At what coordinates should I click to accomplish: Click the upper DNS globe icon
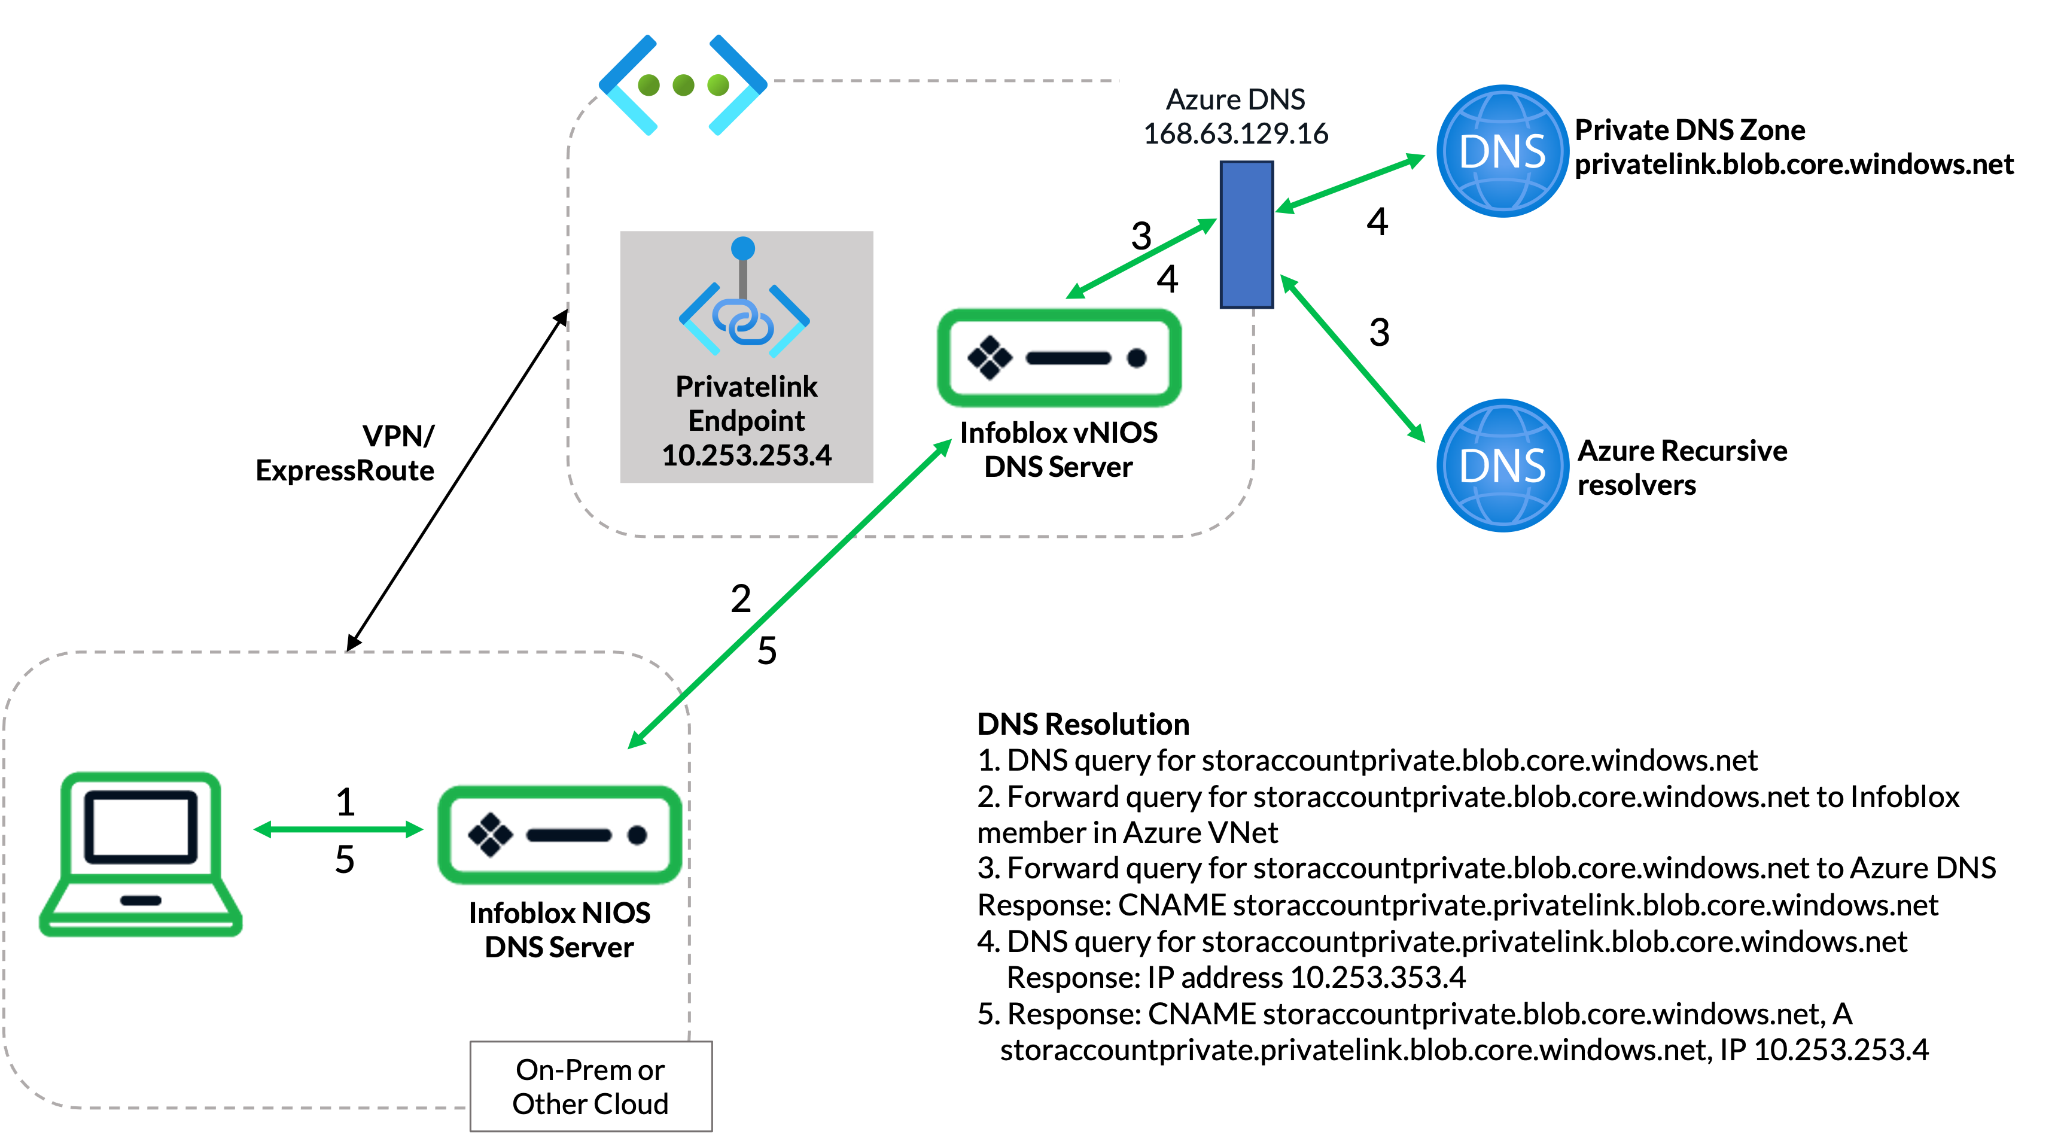[1502, 151]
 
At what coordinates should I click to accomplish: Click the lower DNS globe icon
[1502, 465]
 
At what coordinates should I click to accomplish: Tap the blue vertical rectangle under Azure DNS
[1246, 234]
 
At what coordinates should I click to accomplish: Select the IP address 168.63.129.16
[1235, 133]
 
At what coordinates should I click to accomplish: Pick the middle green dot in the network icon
[683, 84]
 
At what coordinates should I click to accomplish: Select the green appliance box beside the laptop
[559, 834]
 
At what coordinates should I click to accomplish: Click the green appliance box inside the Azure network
[1059, 358]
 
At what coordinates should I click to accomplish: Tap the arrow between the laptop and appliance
[338, 829]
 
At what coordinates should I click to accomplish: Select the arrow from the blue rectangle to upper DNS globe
[1350, 184]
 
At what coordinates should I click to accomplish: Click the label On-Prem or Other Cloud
[590, 1087]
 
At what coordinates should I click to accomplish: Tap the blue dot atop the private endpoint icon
[743, 248]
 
